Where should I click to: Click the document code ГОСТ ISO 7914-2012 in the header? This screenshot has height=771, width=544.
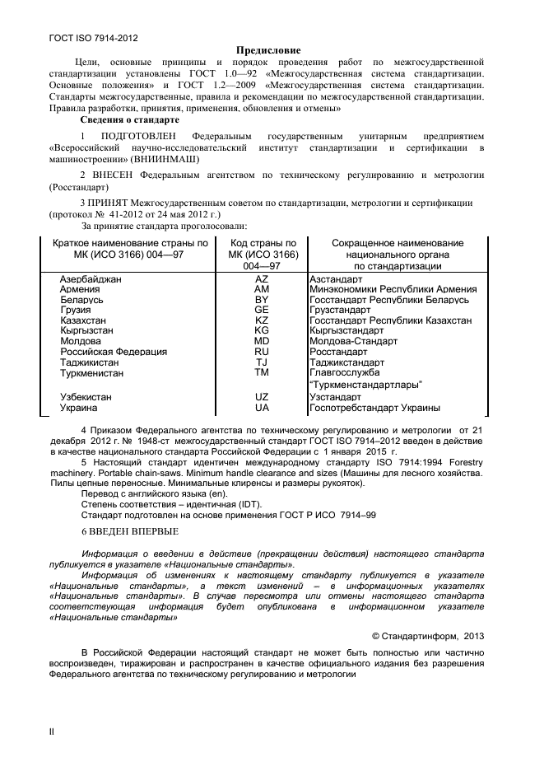point(81,38)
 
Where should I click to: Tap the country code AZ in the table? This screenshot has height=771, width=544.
point(262,279)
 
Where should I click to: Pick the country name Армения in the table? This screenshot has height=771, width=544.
point(81,290)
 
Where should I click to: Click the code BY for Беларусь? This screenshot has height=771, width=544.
point(262,300)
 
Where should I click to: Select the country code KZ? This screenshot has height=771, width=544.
point(262,320)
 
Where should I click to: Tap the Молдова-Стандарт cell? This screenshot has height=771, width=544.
point(353,341)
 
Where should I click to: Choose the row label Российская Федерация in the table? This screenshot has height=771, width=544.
point(114,352)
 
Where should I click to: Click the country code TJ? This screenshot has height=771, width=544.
point(262,362)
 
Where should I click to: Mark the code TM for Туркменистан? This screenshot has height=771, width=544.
point(262,372)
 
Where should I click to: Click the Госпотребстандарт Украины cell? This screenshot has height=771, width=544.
point(374,407)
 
